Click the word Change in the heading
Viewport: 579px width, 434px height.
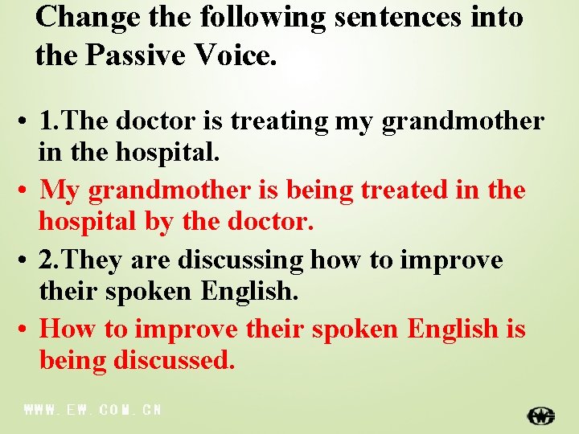click(x=77, y=17)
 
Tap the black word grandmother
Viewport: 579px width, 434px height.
click(x=462, y=122)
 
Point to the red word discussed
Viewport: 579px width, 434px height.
click(x=175, y=361)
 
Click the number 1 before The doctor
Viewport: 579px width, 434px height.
click(x=47, y=121)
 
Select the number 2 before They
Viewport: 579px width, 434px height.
click(x=47, y=260)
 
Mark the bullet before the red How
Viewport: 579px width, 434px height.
click(x=27, y=330)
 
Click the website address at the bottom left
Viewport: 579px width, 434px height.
click(x=93, y=410)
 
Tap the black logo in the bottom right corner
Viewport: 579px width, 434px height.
click(x=540, y=416)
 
